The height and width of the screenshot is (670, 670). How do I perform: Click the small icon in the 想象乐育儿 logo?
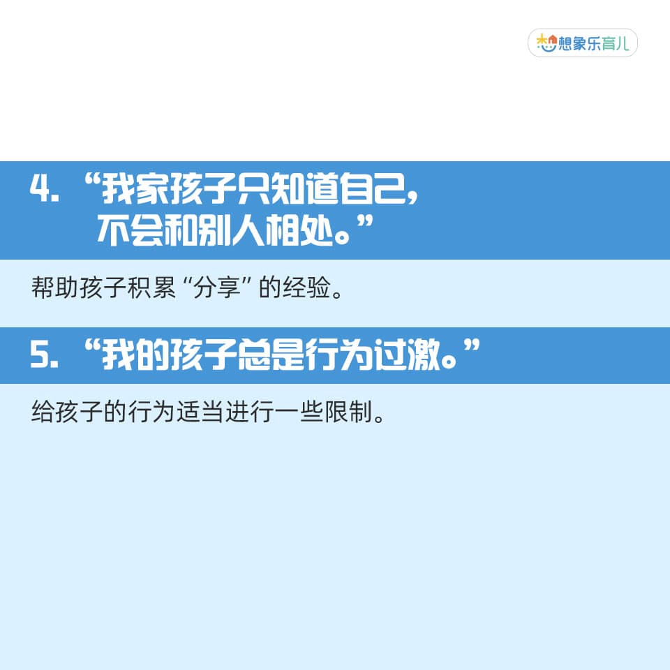[x=547, y=43]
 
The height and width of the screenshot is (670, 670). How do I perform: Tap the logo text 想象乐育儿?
[x=595, y=43]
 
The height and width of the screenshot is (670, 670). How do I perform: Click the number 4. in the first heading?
[x=44, y=188]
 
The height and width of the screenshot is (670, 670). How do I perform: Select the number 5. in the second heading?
[x=44, y=355]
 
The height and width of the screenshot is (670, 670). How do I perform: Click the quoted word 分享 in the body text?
[x=217, y=287]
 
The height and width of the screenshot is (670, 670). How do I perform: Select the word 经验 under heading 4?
[x=307, y=287]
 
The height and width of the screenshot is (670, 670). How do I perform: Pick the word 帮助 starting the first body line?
[x=55, y=287]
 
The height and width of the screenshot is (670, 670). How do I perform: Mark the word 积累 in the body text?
[x=151, y=287]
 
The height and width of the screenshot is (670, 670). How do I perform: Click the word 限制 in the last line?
[x=348, y=412]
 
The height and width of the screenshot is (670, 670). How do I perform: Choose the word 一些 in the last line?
[x=299, y=412]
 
